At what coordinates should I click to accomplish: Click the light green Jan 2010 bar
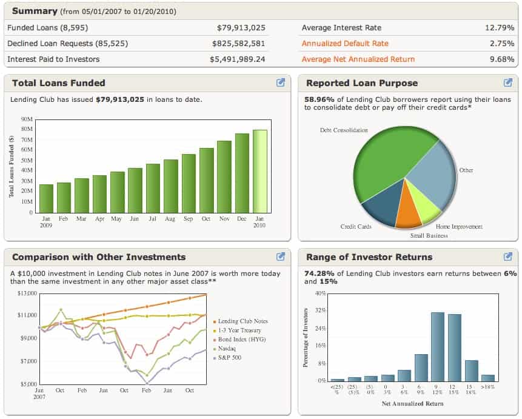coord(259,172)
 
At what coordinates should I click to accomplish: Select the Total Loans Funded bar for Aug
coord(170,186)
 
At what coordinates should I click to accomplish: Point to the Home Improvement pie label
coord(459,227)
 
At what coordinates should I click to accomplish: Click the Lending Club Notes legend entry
coord(243,321)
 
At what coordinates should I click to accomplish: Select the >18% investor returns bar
coord(487,378)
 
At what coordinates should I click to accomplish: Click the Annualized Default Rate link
coord(345,44)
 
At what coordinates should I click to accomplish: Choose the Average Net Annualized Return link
coord(358,59)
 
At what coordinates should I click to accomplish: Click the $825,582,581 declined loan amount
coord(238,44)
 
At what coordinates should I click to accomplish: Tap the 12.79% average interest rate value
coord(500,28)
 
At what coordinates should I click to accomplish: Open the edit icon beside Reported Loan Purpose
coord(508,83)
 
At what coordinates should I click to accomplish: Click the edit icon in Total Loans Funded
coord(281,83)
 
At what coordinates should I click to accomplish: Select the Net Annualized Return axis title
coord(412,404)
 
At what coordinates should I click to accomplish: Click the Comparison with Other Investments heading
coord(99,257)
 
